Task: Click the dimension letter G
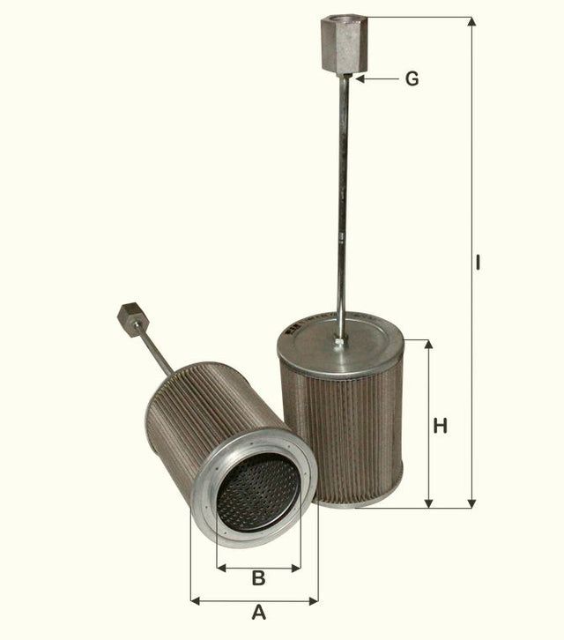(412, 79)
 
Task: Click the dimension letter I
(477, 263)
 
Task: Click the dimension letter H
(441, 426)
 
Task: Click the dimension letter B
(258, 578)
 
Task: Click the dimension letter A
(258, 612)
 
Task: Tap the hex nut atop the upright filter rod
(341, 45)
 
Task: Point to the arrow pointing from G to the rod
(374, 79)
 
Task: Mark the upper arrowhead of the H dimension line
(429, 345)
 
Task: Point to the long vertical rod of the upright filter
(342, 203)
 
